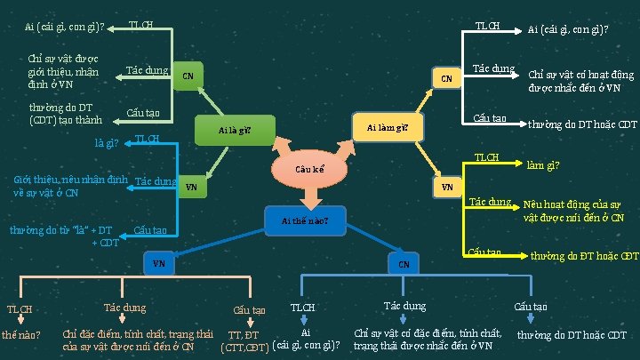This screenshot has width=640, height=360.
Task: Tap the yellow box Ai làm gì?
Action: click(x=388, y=128)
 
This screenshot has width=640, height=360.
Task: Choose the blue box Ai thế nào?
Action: click(x=305, y=220)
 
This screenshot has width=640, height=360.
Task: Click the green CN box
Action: click(x=188, y=76)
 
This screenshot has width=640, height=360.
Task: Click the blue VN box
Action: click(x=158, y=263)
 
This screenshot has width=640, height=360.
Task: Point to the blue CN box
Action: click(x=403, y=264)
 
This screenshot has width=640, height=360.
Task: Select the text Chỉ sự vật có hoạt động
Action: click(x=580, y=81)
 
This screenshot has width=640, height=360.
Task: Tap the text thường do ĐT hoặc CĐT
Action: click(x=584, y=256)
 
